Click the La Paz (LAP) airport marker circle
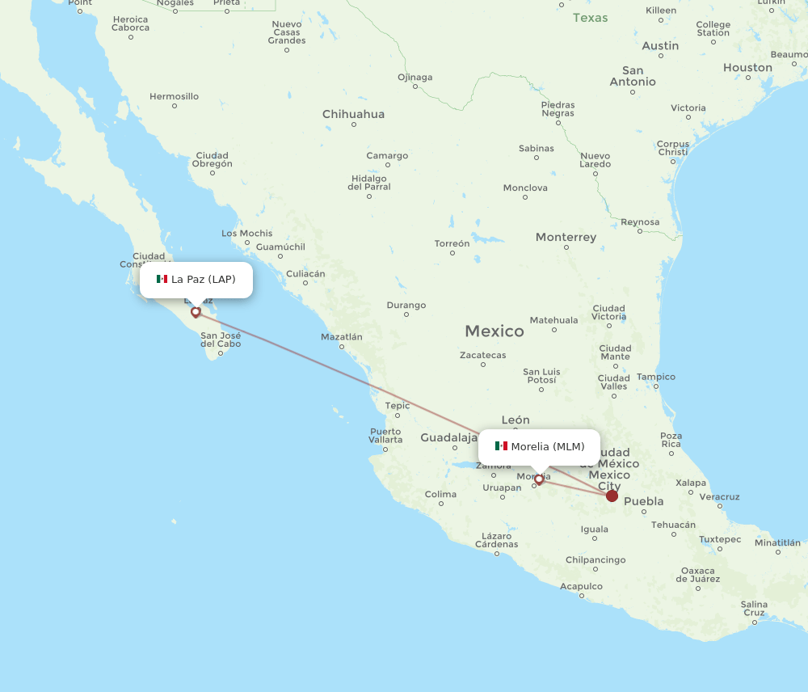(196, 311)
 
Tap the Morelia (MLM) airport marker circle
(539, 479)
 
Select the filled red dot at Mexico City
(612, 496)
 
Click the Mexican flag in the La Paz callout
(162, 279)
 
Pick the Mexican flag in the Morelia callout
(501, 446)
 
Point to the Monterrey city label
(566, 238)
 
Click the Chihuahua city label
(353, 114)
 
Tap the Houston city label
(747, 68)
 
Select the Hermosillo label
(174, 96)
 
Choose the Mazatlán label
(342, 337)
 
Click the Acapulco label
(581, 586)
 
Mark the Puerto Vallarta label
(385, 436)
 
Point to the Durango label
(406, 306)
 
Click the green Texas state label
(590, 18)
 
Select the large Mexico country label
(494, 331)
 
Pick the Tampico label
(655, 377)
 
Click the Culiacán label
(305, 274)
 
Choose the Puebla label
(644, 501)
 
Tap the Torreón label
(452, 243)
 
